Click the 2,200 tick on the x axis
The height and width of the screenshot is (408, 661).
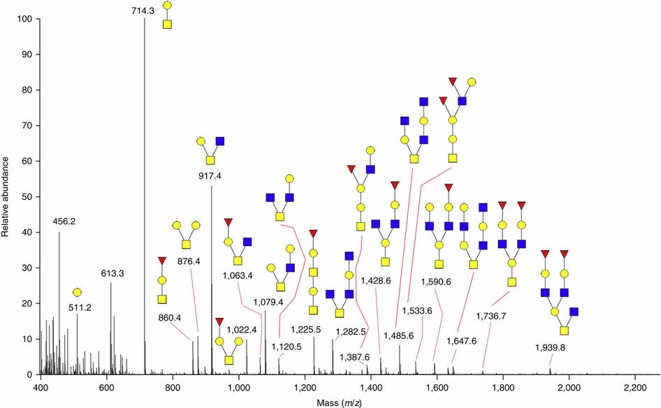point(634,387)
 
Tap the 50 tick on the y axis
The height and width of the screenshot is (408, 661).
point(29,197)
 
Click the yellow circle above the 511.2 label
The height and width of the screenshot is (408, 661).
point(77,292)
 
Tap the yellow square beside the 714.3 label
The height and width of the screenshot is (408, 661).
point(167,24)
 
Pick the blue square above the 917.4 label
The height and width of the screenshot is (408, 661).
point(220,141)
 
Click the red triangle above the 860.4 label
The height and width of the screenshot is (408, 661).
point(162,261)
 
